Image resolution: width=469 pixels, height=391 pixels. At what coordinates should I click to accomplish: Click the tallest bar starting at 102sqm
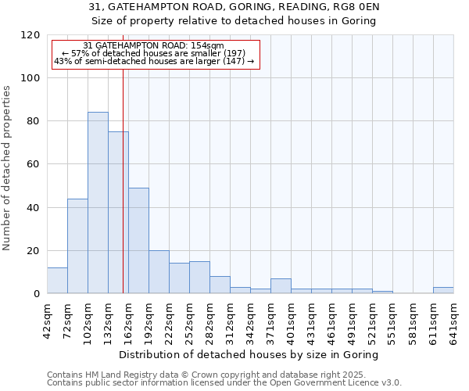click(x=98, y=203)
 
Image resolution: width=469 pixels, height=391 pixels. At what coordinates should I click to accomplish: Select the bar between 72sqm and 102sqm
click(x=77, y=246)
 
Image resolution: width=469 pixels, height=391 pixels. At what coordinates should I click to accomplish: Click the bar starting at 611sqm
click(x=443, y=290)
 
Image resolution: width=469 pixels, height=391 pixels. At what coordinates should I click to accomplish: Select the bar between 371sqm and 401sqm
click(x=281, y=286)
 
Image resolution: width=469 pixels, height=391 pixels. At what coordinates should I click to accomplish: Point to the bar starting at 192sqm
click(x=159, y=272)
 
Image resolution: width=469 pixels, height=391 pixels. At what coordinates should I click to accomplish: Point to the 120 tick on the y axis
click(x=30, y=35)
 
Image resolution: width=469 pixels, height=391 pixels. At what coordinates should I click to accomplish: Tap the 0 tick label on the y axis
click(x=37, y=294)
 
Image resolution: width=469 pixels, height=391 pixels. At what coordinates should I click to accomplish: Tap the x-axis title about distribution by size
click(x=250, y=354)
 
